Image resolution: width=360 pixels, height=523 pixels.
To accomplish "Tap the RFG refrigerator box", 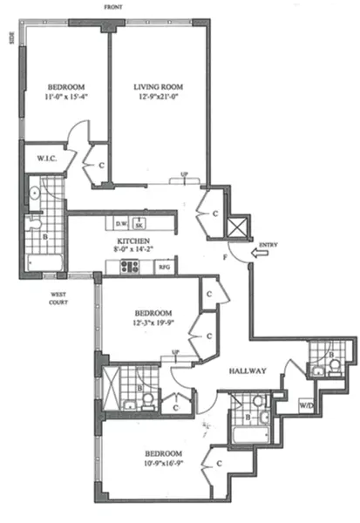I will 163,268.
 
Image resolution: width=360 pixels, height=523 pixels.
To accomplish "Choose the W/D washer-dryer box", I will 306,404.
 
